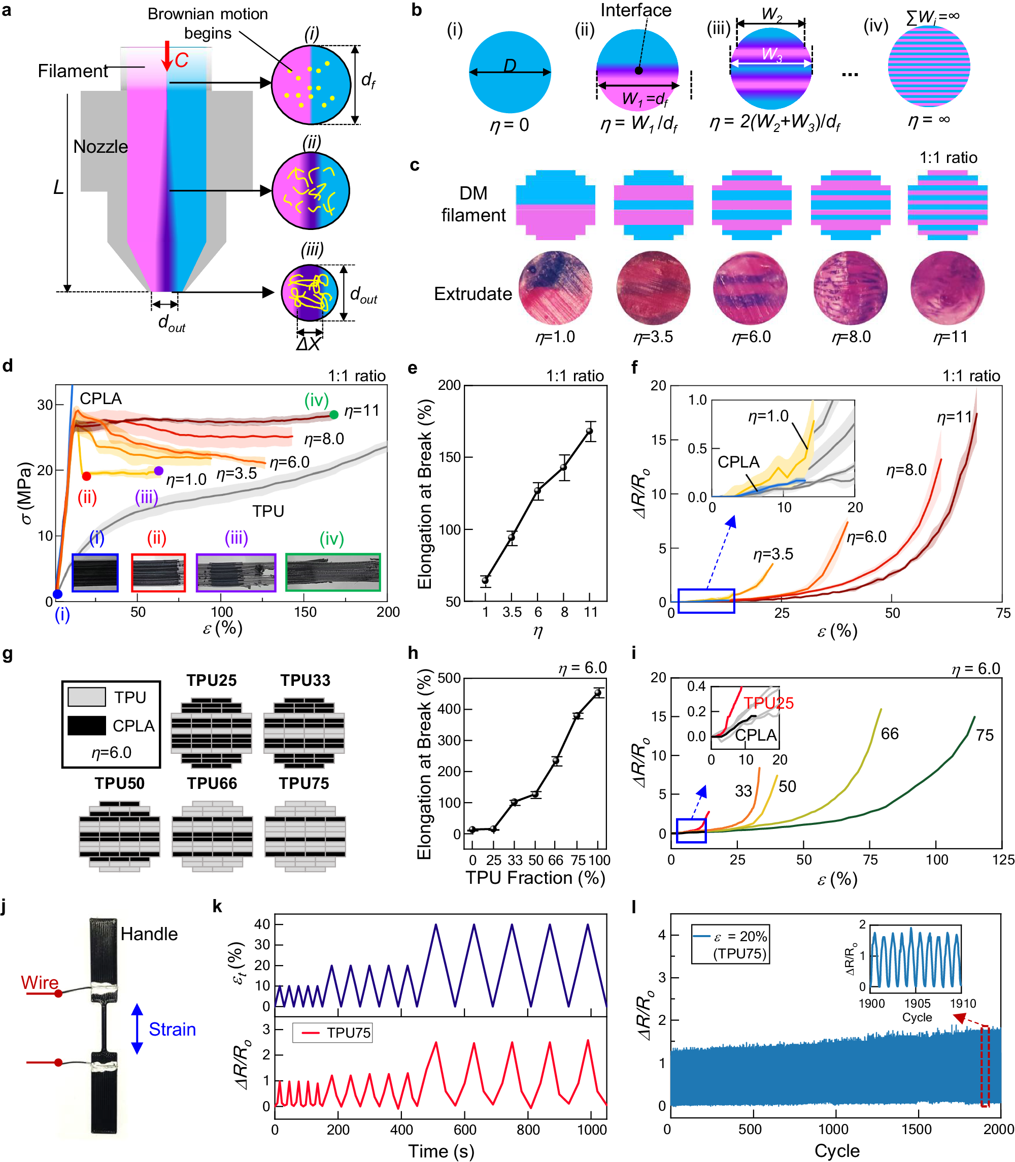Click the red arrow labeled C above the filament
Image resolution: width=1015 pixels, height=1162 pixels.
[166, 55]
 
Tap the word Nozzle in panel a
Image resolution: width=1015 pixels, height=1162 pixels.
[100, 147]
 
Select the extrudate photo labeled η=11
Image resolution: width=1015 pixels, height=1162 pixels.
[947, 288]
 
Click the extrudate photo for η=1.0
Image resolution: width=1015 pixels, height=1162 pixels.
[555, 288]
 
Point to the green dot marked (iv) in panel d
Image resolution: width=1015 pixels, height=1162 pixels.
[333, 415]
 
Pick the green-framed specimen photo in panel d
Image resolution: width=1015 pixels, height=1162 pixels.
[332, 572]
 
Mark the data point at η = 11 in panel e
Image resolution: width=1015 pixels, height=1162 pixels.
[590, 431]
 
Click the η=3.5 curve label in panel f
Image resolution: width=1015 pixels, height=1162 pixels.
[772, 554]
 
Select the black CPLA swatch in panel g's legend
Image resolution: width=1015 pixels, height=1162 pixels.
[86, 726]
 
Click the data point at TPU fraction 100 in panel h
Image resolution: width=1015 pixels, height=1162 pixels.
[597, 692]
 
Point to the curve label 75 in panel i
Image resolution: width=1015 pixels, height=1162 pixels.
[985, 736]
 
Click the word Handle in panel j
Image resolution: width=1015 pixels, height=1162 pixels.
[149, 934]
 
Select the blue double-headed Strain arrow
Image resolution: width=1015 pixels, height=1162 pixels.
[137, 1028]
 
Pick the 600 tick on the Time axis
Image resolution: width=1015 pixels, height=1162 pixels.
[464, 1129]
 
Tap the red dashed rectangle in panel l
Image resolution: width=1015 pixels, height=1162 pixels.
[985, 1065]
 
